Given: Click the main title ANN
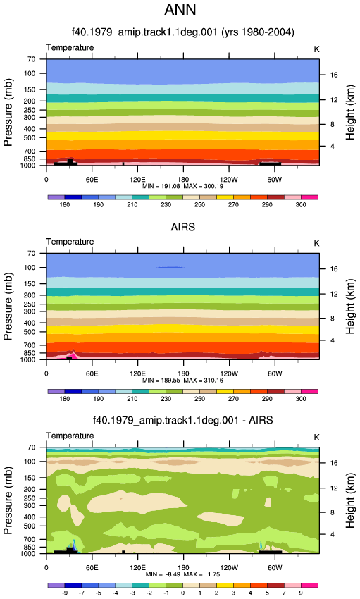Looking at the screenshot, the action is (180, 10).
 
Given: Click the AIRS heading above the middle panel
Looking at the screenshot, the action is (183, 227).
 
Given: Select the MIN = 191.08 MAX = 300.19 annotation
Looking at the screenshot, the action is (183, 187).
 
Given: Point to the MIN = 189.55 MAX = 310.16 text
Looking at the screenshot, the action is (183, 381).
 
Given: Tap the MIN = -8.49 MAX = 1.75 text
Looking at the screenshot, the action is (183, 574).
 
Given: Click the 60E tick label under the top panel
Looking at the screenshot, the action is (92, 180).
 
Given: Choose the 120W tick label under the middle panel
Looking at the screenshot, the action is (229, 373).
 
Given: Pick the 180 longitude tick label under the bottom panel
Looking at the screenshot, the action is (183, 568).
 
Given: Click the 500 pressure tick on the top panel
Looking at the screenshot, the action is (30, 137).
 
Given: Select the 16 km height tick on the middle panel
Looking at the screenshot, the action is (334, 269).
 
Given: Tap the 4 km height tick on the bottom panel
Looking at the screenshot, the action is (332, 534).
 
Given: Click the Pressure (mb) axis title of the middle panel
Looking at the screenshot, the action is (8, 307).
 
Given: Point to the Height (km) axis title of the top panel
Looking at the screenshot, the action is (350, 112).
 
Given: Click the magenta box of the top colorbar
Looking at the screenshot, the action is (309, 197).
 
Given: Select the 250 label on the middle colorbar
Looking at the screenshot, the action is (199, 399).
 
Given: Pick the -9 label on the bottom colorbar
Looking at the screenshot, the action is (65, 593).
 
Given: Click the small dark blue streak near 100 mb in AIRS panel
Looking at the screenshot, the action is (170, 267).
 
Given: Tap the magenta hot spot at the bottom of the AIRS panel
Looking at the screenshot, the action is (73, 355).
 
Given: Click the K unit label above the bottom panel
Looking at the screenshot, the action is (316, 438).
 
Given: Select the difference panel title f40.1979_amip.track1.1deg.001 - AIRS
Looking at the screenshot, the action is (183, 420).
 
